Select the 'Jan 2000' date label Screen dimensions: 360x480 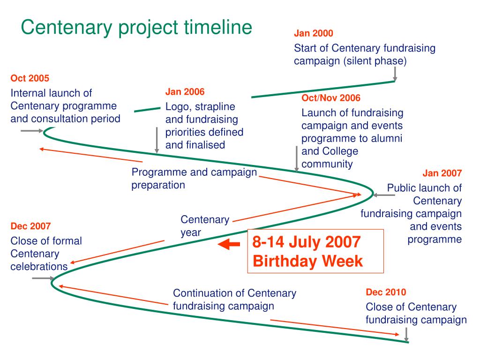click(x=314, y=34)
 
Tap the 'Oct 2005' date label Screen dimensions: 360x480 click(x=30, y=78)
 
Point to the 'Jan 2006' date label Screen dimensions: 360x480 click(x=185, y=92)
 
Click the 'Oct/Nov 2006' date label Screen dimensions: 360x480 click(x=331, y=98)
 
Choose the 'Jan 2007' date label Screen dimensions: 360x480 click(x=442, y=173)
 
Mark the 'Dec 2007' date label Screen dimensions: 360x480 click(x=30, y=226)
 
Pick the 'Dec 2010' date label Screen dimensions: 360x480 click(x=386, y=292)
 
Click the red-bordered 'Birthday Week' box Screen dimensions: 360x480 click(x=315, y=251)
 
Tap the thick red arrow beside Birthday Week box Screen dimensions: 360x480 click(x=230, y=245)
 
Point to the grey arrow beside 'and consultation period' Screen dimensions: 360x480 click(x=32, y=131)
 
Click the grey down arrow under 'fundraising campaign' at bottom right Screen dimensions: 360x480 click(x=406, y=334)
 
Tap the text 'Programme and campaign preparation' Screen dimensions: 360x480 click(x=194, y=179)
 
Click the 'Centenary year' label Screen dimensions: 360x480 click(x=205, y=226)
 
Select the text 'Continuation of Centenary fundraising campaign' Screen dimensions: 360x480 click(x=234, y=300)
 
